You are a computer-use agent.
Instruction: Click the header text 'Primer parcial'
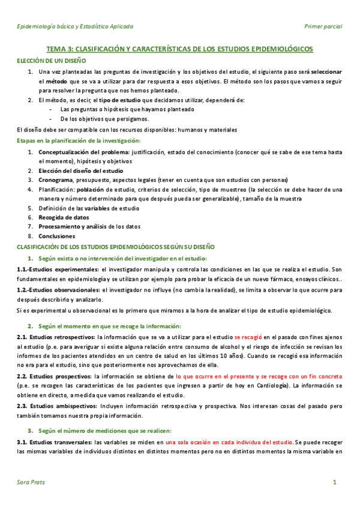pyautogui.click(x=323, y=26)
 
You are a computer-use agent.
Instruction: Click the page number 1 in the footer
pyautogui.click(x=334, y=483)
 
